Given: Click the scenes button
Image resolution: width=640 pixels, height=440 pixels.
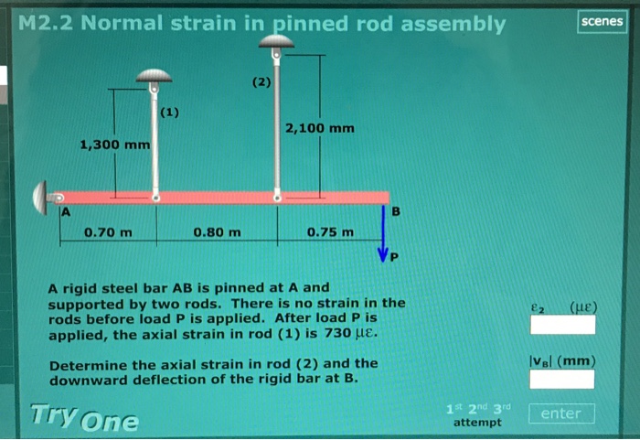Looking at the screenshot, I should [602, 21].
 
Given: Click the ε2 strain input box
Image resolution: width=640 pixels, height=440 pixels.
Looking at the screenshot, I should [562, 325].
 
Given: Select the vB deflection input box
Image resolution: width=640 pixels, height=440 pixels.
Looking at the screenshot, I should [562, 379].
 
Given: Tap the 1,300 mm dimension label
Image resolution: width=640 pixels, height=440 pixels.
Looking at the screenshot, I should [114, 145].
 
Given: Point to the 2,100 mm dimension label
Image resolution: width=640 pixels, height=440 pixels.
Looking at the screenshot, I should [319, 128].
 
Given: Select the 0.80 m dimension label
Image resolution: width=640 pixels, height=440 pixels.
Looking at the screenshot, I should [218, 232].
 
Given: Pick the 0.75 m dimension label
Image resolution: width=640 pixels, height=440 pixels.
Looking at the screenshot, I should [330, 232].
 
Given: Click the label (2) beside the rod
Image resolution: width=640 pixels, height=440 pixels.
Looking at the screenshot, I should [261, 82].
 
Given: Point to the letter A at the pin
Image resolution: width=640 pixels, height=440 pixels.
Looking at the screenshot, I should [65, 213].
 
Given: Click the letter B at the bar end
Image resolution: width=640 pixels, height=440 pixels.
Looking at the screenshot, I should [395, 212].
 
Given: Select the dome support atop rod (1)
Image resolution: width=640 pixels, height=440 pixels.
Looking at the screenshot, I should [155, 77].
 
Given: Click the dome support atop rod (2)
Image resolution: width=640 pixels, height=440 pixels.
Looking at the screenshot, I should [276, 40].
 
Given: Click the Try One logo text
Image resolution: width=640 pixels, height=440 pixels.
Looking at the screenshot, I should [84, 418].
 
